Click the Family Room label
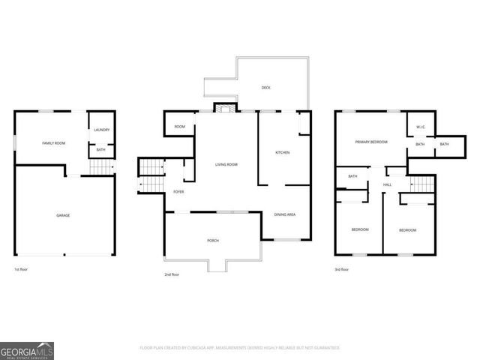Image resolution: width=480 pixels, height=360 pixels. coord(52,142)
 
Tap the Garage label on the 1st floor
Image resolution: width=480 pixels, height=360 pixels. coord(63,215)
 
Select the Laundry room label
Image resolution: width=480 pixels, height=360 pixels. coord(101,130)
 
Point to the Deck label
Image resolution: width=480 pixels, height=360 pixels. coord(265,88)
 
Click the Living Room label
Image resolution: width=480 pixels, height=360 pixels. coord(226,164)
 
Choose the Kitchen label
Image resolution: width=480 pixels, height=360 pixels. coord(282,152)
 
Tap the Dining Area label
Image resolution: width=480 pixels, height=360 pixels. coord(284,214)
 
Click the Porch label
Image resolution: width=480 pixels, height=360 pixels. coord(213,240)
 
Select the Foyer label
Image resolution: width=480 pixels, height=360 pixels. coord(178,192)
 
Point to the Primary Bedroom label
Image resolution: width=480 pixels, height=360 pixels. coord(371,141)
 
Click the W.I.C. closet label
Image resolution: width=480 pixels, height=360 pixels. coord(421,127)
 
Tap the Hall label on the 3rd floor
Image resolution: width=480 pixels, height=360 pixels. coord(387,184)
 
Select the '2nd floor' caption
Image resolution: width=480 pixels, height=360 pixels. coord(172,274)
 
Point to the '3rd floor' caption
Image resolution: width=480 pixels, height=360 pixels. coord(341,268)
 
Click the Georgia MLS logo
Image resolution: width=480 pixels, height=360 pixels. coord(27,350)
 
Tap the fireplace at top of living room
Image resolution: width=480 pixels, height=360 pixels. coord(223,109)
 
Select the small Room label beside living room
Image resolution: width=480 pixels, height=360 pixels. coord(179,127)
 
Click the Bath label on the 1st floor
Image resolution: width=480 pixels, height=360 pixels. coord(100,150)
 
